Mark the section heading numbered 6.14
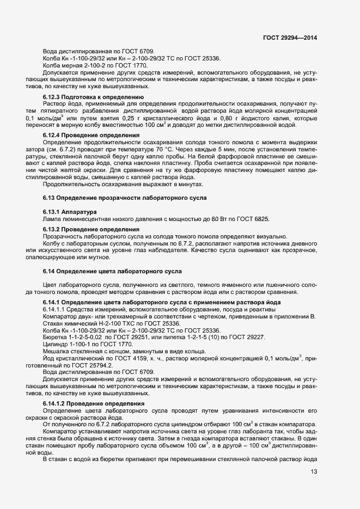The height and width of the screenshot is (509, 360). tap(112, 271)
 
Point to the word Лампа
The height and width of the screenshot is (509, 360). tap(51, 219)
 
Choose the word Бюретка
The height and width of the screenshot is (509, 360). tap(53, 338)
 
